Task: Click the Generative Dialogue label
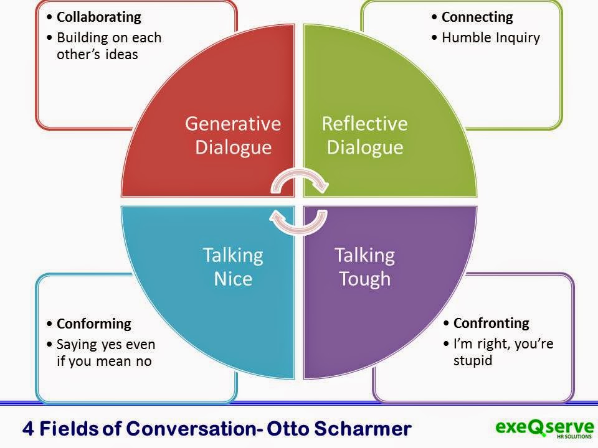[x=233, y=136]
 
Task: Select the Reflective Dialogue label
[x=364, y=136]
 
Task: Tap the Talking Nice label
[x=233, y=266]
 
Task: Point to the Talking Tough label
[x=364, y=266]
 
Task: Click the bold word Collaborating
[x=99, y=17]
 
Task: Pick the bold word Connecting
[x=477, y=17]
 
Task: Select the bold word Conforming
[x=94, y=324]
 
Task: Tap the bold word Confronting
[x=491, y=323]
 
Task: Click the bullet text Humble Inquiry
[x=490, y=37]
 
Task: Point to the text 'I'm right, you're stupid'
[x=503, y=352]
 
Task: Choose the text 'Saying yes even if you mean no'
[x=106, y=352]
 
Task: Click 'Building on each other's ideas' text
[x=108, y=45]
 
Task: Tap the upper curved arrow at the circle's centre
[x=299, y=181]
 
